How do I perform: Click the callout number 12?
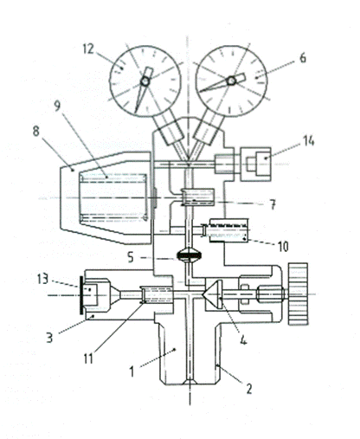[88, 48]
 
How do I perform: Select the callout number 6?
[303, 58]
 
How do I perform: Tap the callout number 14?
[308, 141]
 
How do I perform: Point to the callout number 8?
[35, 131]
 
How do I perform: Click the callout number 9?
[58, 106]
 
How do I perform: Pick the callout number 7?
[273, 204]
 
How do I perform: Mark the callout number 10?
[283, 247]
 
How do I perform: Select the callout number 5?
[131, 257]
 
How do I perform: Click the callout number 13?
[42, 279]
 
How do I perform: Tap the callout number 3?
[49, 338]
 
